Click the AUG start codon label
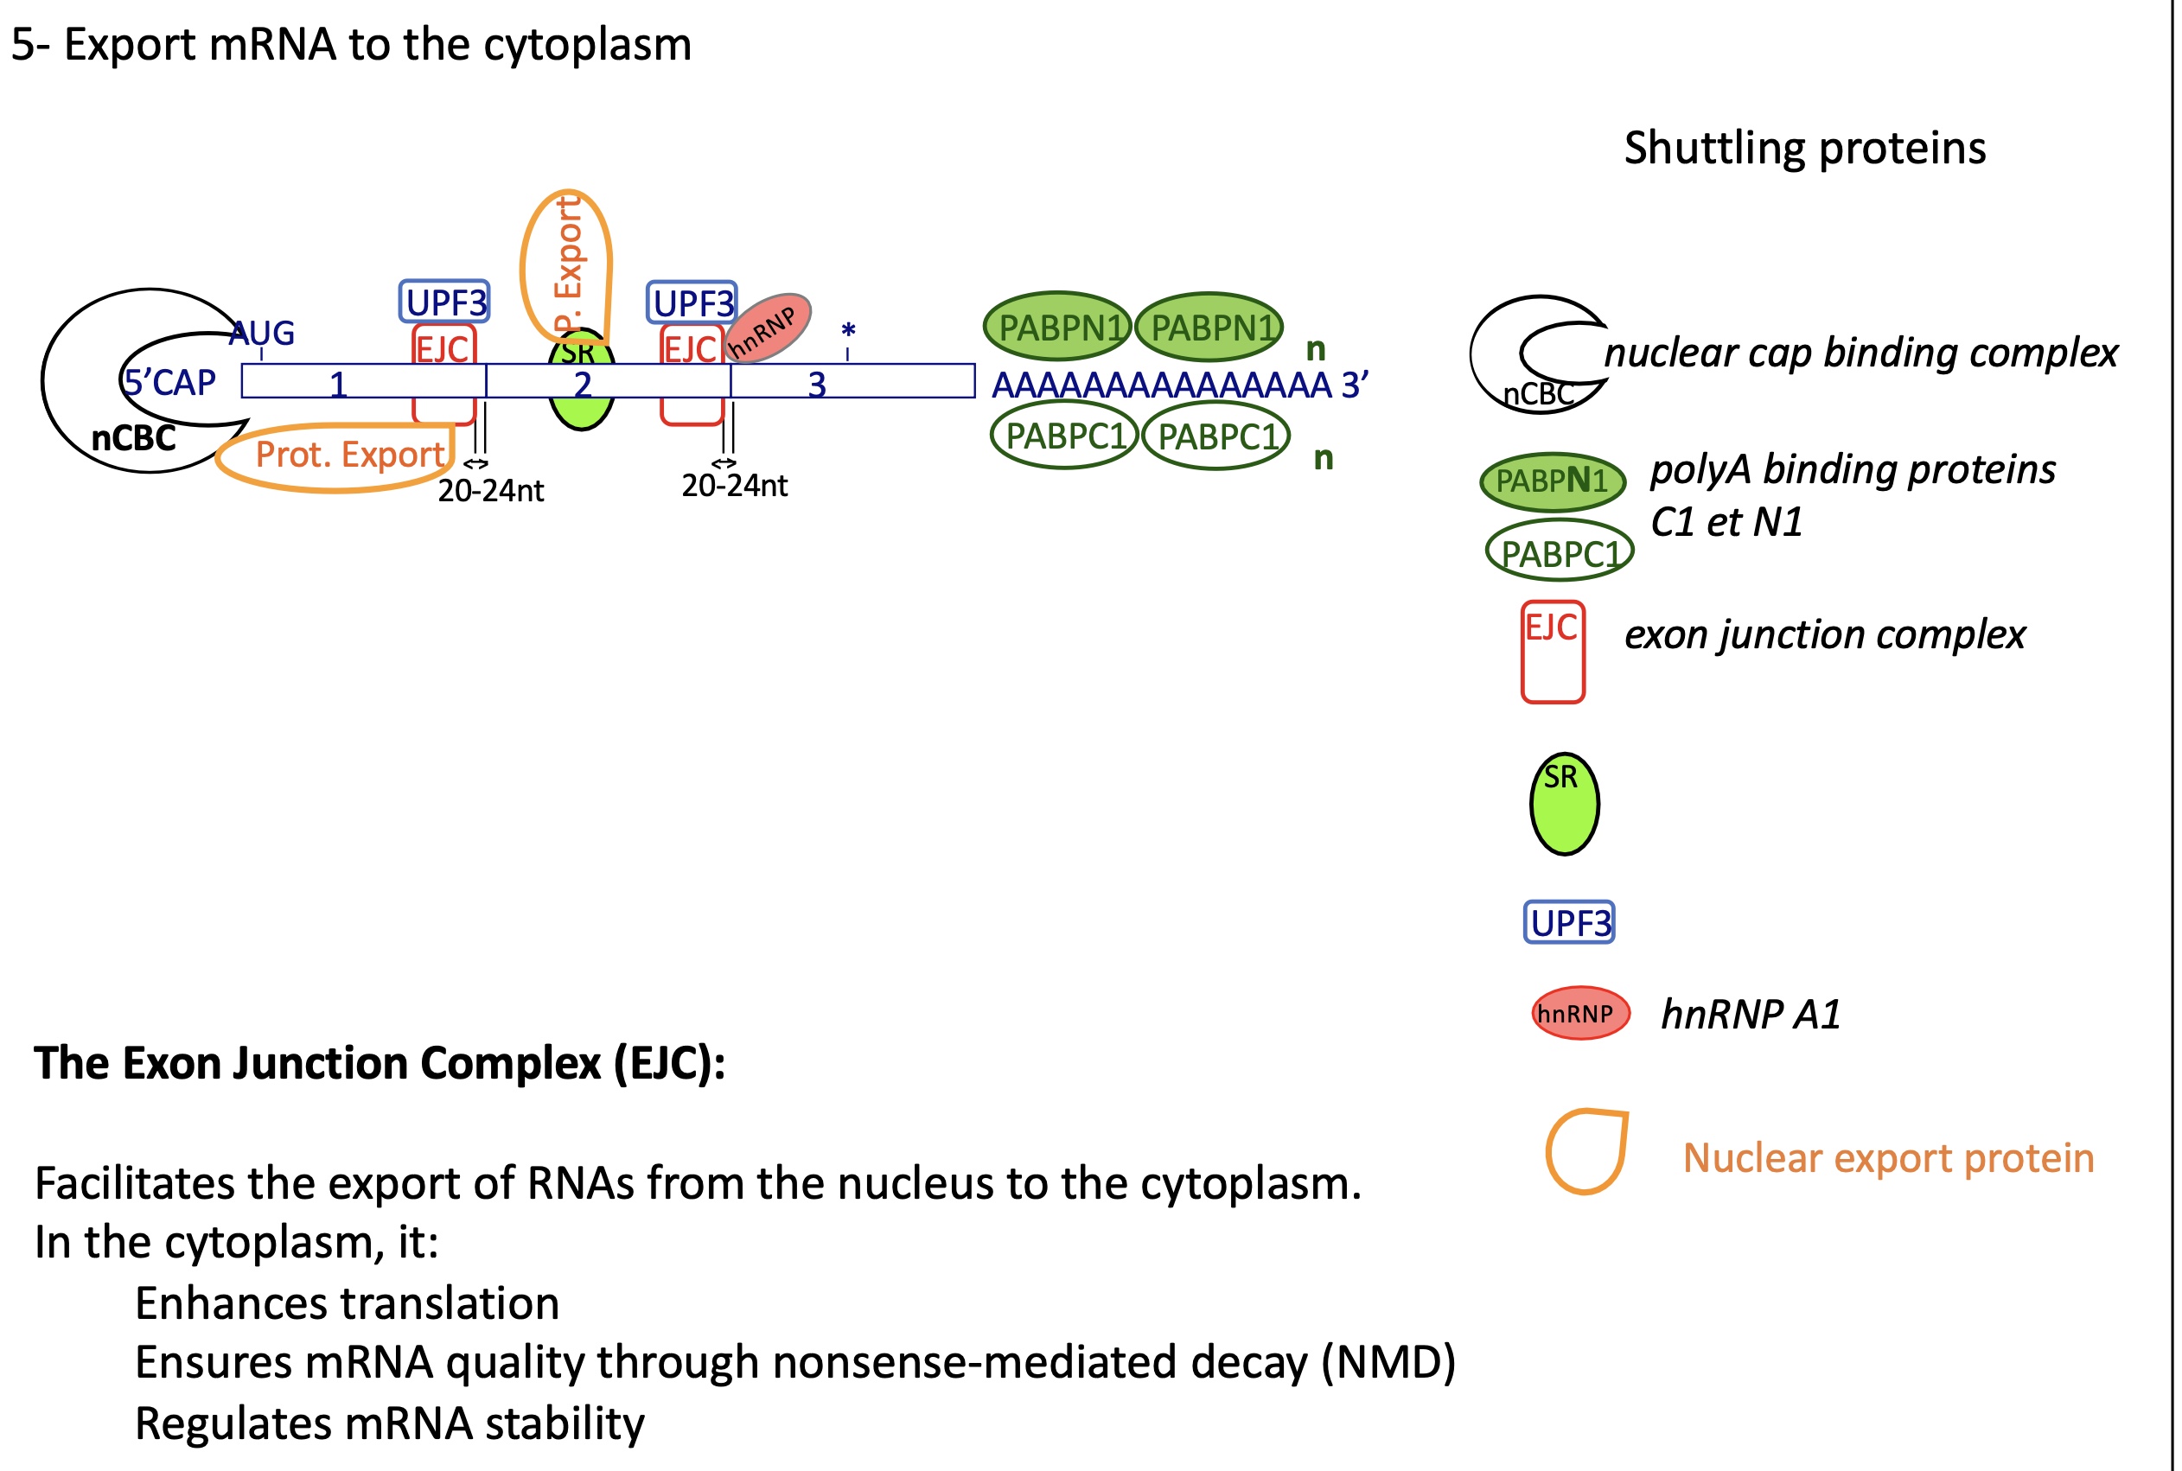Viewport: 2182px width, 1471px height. pos(262,333)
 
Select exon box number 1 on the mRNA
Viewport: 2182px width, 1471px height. pos(363,382)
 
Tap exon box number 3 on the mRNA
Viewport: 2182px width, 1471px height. pos(852,382)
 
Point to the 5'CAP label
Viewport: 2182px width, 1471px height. pos(169,382)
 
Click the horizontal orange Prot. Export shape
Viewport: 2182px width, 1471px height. pos(335,457)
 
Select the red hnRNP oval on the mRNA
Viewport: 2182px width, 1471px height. pos(768,328)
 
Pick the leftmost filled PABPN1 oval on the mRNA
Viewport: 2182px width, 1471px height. pos(1057,327)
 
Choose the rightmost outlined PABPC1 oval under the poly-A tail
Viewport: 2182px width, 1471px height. pos(1216,436)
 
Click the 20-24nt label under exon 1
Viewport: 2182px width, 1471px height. pos(491,491)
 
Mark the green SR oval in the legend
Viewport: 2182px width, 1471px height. pos(1564,804)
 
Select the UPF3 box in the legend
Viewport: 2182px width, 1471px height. pos(1569,922)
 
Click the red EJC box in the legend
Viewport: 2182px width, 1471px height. pos(1553,652)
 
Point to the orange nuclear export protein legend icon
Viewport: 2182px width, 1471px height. pos(1586,1151)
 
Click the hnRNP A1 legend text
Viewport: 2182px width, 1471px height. pos(1751,1014)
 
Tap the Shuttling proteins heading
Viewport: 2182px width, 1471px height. pos(1805,149)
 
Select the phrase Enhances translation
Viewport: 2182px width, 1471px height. pos(347,1303)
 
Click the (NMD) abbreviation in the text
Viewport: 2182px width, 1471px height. pos(1388,1362)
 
